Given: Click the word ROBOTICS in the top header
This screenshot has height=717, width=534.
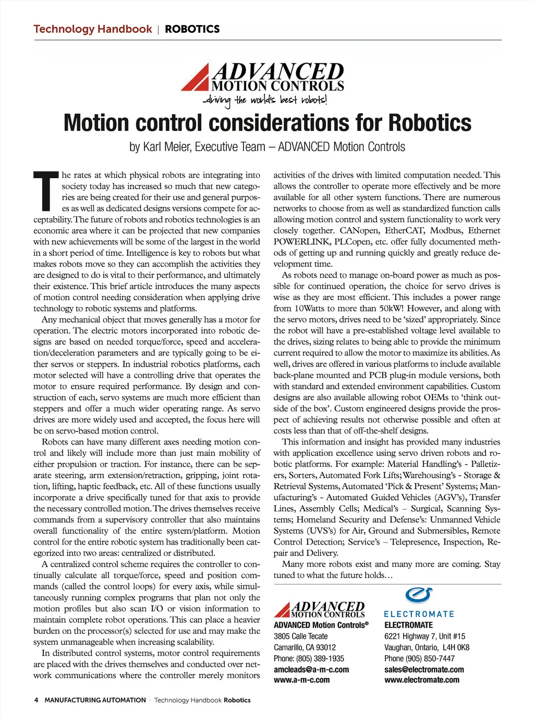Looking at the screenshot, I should click(x=192, y=29).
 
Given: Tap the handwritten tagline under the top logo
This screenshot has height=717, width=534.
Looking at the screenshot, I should click(x=265, y=100).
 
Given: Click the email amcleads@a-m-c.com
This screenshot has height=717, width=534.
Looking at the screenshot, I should click(x=311, y=670).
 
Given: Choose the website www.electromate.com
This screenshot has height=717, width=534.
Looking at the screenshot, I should click(x=422, y=680).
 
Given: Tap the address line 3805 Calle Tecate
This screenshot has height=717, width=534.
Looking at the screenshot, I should click(x=301, y=636).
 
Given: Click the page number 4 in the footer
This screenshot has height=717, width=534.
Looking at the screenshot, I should click(x=36, y=700).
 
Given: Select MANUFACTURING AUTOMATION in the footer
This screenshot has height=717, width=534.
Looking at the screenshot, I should click(x=95, y=700).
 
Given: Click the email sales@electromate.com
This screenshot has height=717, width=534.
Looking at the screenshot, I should click(x=424, y=670).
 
